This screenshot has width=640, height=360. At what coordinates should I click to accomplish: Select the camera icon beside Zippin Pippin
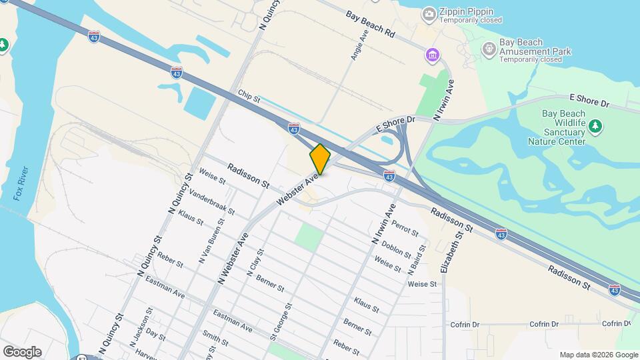click(x=429, y=13)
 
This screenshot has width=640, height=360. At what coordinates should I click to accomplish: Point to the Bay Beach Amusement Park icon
click(x=489, y=47)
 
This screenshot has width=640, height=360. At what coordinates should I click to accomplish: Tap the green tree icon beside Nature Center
click(x=595, y=125)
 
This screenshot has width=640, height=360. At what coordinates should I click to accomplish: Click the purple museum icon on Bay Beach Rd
click(x=433, y=54)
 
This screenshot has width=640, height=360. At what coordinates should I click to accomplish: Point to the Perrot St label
click(x=405, y=229)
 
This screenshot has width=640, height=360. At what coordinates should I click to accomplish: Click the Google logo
click(x=22, y=352)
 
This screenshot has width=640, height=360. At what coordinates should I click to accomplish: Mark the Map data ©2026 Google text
click(x=598, y=355)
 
